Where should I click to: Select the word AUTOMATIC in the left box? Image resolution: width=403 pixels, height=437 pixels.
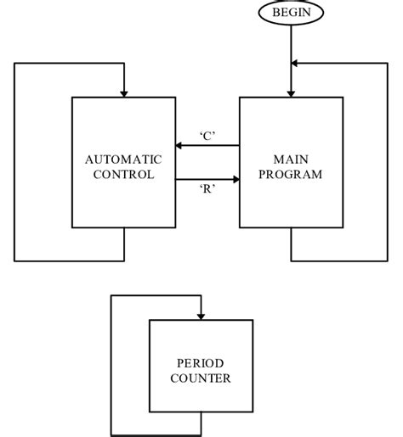tap(124, 160)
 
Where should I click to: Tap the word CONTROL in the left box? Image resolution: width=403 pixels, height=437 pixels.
tap(124, 175)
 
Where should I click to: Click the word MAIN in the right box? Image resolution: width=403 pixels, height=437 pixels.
tap(291, 160)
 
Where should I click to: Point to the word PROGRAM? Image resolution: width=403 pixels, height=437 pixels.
tap(291, 175)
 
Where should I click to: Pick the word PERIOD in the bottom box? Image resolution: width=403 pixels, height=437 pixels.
tap(201, 362)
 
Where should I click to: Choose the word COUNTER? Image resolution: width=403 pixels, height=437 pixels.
tap(201, 378)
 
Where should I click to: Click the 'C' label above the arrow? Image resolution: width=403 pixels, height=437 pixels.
tap(206, 134)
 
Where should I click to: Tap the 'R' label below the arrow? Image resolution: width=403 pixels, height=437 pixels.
tap(206, 191)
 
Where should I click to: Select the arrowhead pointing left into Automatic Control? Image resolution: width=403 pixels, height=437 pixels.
tap(180, 146)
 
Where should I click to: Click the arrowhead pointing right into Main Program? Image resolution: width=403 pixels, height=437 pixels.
tap(234, 179)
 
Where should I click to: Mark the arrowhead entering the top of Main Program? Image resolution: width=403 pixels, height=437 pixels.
tap(291, 92)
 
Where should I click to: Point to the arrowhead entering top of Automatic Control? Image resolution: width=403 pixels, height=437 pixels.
tap(124, 92)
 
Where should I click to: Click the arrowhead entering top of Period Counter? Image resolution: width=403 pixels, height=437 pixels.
tap(201, 315)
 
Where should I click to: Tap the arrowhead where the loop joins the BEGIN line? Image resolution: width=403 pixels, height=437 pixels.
tap(296, 63)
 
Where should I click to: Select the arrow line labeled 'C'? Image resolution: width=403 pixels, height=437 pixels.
tap(207, 146)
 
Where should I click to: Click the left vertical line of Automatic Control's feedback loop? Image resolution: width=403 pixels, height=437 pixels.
tap(14, 161)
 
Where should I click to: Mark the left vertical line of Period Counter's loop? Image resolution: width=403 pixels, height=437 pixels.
tap(111, 365)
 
